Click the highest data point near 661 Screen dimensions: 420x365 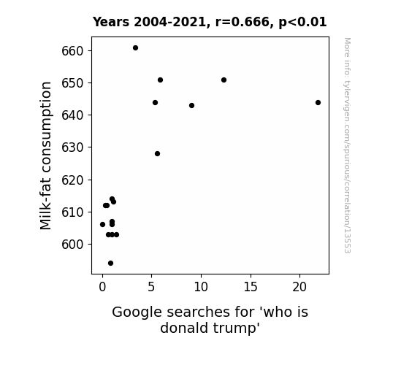tap(136, 48)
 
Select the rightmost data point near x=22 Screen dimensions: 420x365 tap(318, 102)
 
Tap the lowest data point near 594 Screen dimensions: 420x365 tap(110, 264)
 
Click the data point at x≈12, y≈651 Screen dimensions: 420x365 tap(224, 80)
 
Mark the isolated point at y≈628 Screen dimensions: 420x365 tap(158, 154)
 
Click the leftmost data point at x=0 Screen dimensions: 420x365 tap(102, 224)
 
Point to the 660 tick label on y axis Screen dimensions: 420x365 tap(73, 51)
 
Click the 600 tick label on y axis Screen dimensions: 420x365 tap(73, 245)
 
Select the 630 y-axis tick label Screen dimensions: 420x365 tap(73, 147)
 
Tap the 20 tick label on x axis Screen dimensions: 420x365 tap(299, 287)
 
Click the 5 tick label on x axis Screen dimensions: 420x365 tap(152, 287)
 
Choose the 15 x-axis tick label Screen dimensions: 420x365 tap(251, 287)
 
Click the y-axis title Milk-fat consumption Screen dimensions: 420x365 tap(45, 155)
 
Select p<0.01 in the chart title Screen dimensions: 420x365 tap(302, 23)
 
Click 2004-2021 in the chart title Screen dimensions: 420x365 tap(169, 22)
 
